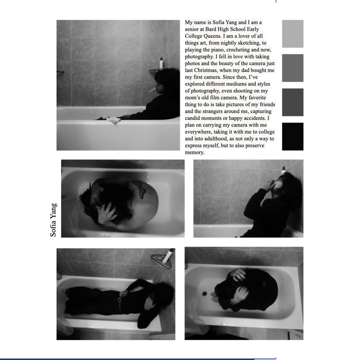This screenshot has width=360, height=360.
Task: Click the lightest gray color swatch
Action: coord(292,34)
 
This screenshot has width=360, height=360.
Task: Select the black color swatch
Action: coord(292,136)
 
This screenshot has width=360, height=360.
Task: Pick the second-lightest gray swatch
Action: coord(292,68)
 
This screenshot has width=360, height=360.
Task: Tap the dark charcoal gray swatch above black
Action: coord(292,102)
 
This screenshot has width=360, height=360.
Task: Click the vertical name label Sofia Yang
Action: coord(53,220)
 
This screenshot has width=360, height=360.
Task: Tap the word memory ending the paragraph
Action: coord(195,153)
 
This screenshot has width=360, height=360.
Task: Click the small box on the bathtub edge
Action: coord(114,120)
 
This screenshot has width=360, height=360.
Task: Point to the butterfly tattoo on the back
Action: coord(139,189)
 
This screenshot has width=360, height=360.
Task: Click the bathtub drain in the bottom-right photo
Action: coord(204,293)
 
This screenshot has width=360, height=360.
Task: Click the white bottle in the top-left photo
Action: coord(162,63)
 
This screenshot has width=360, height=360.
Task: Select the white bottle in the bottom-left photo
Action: coord(168,256)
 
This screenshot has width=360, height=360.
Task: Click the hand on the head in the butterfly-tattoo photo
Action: coord(107,213)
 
